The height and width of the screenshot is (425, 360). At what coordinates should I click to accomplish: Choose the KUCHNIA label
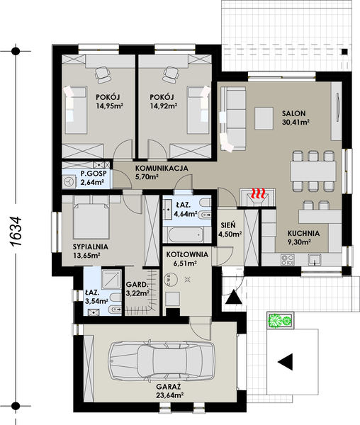point(303,233)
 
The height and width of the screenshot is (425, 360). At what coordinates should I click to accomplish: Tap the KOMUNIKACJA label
point(160,168)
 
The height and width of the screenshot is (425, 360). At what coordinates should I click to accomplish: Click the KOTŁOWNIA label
point(186,254)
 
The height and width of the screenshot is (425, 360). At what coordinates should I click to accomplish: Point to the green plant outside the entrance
point(280,321)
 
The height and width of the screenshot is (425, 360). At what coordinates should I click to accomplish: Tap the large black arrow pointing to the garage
point(285,362)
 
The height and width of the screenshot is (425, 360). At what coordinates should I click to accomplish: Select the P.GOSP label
point(93,174)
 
